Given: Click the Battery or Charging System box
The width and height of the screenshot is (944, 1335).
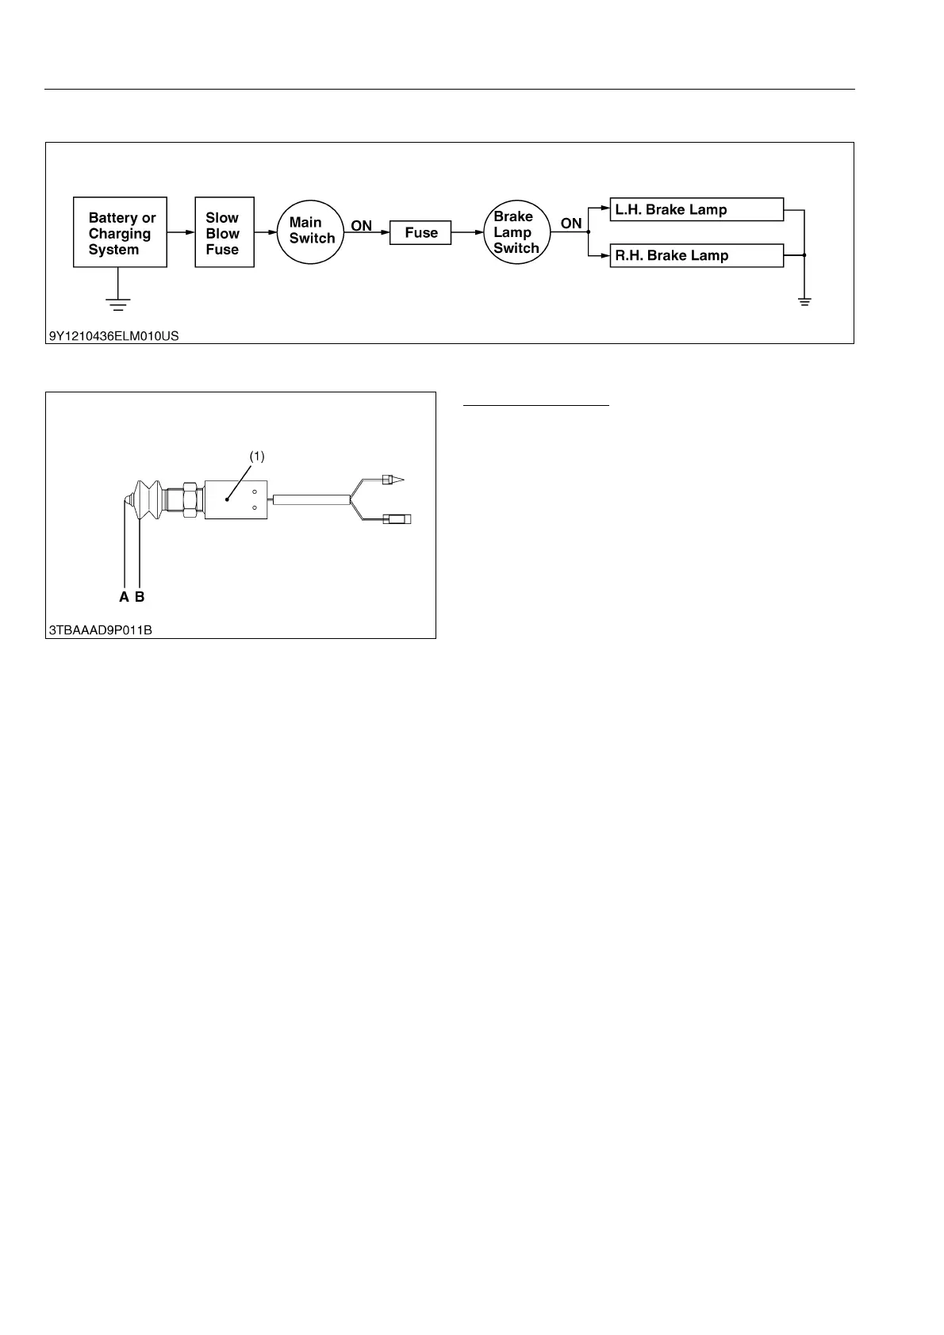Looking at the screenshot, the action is click(120, 232).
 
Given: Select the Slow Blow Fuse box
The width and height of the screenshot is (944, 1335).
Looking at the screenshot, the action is click(224, 232).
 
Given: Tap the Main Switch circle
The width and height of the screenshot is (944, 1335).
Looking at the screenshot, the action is click(311, 231).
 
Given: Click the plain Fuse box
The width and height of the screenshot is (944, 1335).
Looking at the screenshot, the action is click(420, 233).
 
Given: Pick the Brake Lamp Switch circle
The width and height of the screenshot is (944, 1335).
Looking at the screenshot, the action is click(516, 232).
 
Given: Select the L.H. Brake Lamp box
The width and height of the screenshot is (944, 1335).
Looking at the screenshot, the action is click(696, 210).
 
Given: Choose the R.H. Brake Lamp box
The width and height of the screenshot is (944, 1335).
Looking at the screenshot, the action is click(696, 256).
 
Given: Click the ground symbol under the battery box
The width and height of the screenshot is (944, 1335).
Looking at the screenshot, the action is click(118, 304).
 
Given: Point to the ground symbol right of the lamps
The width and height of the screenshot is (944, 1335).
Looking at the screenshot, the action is click(804, 302).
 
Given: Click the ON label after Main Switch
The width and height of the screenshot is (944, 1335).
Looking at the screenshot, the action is click(362, 226).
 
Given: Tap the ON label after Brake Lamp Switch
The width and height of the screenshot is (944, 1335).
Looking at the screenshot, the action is click(571, 224).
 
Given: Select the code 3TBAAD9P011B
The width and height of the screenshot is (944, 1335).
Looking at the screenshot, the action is click(100, 630).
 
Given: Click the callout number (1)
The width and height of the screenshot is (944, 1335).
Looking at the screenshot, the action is click(257, 457).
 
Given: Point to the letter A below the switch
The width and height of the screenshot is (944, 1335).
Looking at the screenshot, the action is click(125, 597).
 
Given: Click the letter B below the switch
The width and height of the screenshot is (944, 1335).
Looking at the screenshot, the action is click(140, 597).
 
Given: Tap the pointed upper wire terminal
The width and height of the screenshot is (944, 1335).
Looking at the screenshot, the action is click(393, 480).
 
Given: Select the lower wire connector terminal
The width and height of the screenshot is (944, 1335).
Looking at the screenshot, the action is click(397, 520).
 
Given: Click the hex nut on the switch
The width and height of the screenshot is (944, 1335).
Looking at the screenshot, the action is click(191, 499).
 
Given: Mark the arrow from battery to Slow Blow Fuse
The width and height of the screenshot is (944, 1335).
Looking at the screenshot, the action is click(181, 232).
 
